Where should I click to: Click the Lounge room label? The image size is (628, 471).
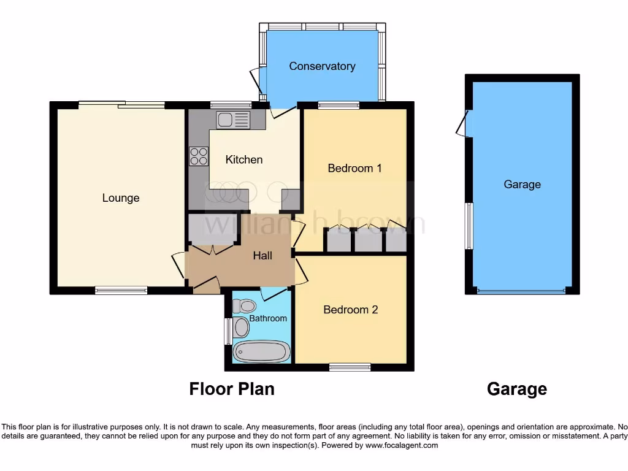click(121, 198)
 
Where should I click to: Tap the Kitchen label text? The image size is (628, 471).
click(244, 159)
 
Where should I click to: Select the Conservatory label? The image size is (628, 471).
click(322, 66)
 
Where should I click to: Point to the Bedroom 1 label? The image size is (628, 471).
click(354, 168)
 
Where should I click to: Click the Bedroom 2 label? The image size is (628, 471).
click(351, 310)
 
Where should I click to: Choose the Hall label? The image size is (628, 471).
click(263, 256)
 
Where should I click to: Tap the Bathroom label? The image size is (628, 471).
click(268, 318)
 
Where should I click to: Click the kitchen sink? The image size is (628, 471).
click(232, 120)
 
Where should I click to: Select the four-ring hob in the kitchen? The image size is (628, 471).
click(199, 157)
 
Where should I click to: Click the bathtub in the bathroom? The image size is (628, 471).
click(262, 352)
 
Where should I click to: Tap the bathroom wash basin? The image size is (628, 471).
click(241, 327)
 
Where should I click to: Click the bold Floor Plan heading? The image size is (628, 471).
click(231, 389)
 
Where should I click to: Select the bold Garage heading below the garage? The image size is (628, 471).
click(516, 389)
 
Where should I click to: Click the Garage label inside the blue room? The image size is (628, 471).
click(522, 184)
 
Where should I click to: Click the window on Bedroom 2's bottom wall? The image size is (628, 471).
click(350, 367)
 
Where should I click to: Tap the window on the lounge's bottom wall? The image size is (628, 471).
click(121, 291)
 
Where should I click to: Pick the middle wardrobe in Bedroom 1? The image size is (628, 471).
click(368, 240)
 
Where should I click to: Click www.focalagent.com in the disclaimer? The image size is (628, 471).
click(401, 446)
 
